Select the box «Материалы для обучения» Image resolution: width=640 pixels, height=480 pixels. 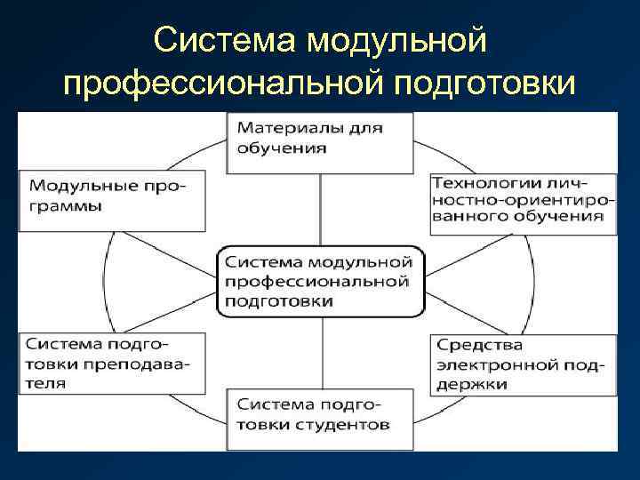[x=323, y=142]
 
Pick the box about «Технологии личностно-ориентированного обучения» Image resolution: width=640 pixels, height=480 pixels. [x=523, y=203]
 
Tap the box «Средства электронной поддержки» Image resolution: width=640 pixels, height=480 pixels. [x=523, y=364]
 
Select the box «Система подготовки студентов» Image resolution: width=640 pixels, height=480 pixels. [x=320, y=418]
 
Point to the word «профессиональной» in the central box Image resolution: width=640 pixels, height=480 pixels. [x=317, y=282]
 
